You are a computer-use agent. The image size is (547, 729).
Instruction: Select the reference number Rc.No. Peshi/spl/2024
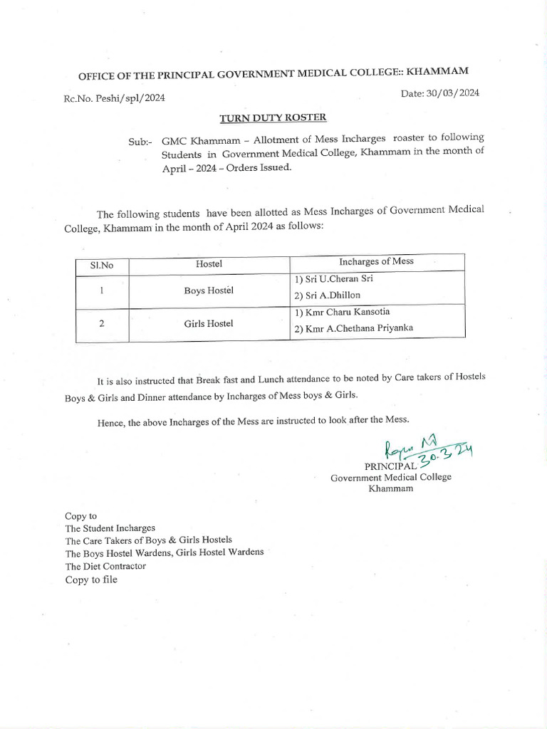tap(115, 98)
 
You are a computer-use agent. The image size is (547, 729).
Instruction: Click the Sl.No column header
tap(102, 265)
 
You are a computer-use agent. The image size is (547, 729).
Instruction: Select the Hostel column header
tap(209, 264)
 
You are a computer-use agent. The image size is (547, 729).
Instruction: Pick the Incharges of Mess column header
tap(377, 261)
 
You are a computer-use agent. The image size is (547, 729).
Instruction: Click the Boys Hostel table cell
tap(209, 291)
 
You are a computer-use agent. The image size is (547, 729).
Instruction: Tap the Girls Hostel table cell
tap(209, 323)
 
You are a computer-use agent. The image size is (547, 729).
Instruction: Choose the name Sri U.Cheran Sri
tap(333, 278)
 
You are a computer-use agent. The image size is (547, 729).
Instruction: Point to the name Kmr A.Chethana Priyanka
tap(354, 329)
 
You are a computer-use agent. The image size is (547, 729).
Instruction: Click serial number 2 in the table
tap(102, 323)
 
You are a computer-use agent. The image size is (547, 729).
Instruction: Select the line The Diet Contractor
tap(105, 566)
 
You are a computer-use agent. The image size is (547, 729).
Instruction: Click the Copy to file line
tap(91, 579)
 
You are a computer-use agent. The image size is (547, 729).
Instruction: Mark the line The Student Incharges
tap(110, 528)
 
